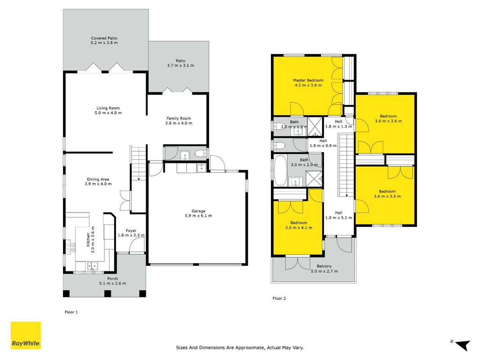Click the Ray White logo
(x=26, y=335)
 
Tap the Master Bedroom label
(x=308, y=80)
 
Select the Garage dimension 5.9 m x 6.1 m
(x=198, y=216)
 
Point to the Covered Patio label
(x=104, y=38)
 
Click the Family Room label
(x=179, y=118)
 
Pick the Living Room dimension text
(x=108, y=112)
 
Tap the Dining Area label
(x=98, y=180)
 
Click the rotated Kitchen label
(x=88, y=239)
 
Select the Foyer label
(x=131, y=231)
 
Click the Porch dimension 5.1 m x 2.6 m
(x=112, y=283)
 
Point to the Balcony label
(x=324, y=266)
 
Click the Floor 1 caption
(x=72, y=312)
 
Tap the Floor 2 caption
(x=279, y=298)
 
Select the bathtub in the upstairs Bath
(x=280, y=171)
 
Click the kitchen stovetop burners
(x=71, y=247)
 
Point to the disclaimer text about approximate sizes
(x=240, y=348)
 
